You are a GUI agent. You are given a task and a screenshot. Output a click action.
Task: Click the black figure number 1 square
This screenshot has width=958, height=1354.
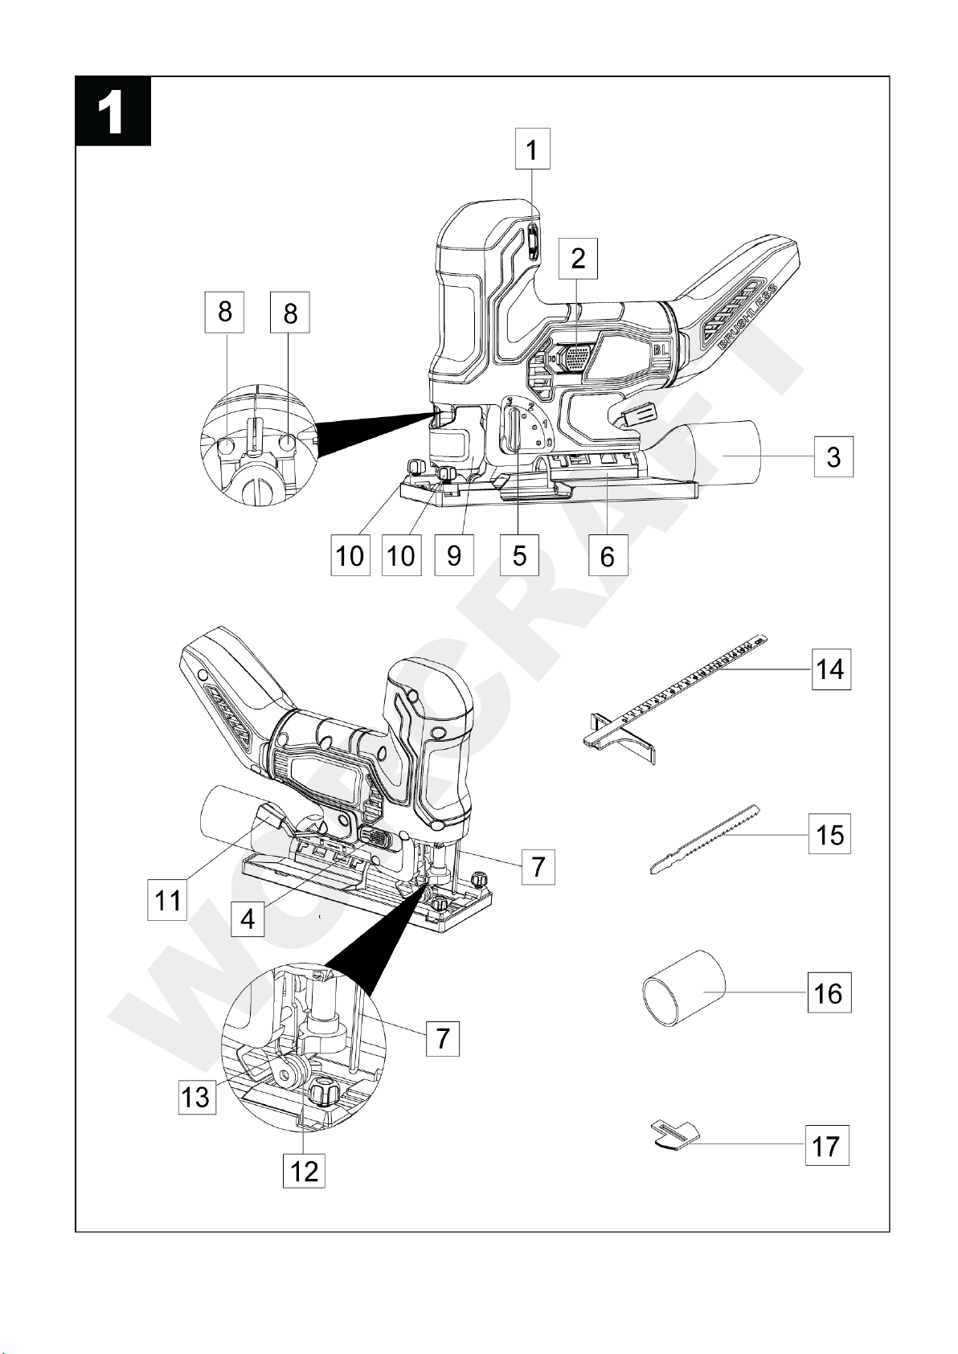(x=113, y=112)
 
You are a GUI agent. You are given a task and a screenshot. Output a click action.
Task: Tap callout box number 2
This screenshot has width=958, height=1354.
(x=578, y=259)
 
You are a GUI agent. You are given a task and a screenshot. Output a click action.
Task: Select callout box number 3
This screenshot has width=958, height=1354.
(x=833, y=457)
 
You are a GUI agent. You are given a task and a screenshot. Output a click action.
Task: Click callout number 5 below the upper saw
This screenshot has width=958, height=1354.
(x=519, y=554)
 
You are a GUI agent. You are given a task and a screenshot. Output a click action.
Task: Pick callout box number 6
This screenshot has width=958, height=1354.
(x=608, y=556)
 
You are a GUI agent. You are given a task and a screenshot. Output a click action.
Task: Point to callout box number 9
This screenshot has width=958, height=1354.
(x=454, y=554)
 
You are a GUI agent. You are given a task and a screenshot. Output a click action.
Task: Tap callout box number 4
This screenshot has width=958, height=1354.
(x=248, y=918)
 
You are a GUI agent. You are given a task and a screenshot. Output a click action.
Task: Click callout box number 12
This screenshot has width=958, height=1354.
(x=304, y=1171)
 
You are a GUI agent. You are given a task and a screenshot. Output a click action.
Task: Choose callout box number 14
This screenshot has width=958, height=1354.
(x=830, y=669)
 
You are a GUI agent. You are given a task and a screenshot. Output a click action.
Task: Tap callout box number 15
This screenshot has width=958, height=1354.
(x=829, y=834)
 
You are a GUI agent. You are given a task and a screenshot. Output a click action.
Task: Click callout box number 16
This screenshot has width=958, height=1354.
(x=829, y=993)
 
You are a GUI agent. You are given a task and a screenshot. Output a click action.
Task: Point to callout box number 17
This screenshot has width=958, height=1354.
(x=826, y=1146)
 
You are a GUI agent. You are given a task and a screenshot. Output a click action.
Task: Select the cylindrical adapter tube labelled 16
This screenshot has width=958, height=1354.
(x=683, y=989)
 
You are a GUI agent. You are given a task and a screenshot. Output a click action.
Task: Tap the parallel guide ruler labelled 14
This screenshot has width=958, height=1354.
(x=675, y=699)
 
